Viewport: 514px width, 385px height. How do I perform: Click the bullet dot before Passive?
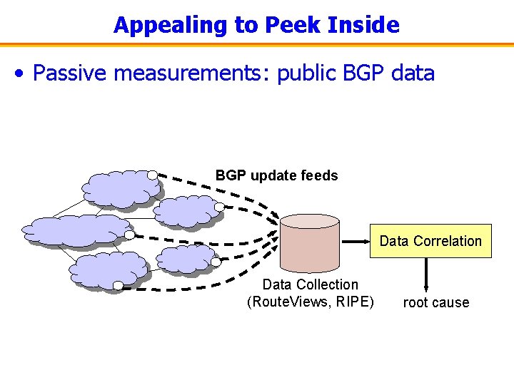[x=24, y=73]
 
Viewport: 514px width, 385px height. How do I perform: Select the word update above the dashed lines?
[x=272, y=175]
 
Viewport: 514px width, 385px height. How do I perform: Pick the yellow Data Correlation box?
[x=430, y=241]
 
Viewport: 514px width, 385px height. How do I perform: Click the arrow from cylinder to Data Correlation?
[x=354, y=241]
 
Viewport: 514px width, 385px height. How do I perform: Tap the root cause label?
[x=435, y=302]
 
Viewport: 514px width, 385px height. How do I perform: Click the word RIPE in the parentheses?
[x=353, y=302]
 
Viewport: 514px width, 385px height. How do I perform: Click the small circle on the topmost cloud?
[x=152, y=175]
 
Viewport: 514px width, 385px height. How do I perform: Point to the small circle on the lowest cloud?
[x=118, y=286]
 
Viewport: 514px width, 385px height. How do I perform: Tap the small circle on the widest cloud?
[x=129, y=234]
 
